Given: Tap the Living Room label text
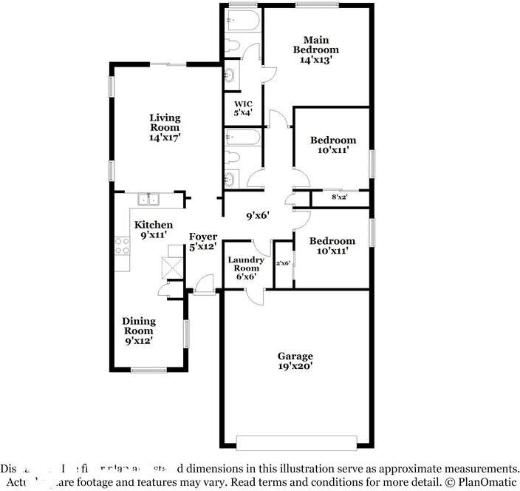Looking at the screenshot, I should click(165, 127).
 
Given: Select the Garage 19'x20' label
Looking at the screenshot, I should click(295, 361).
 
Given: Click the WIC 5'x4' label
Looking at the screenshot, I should click(243, 109).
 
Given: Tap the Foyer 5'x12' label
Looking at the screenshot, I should click(202, 242).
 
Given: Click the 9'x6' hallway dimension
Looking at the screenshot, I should click(257, 216).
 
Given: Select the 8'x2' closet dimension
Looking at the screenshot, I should click(340, 197).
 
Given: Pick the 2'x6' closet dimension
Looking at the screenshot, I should click(283, 263).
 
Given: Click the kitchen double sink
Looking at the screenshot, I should click(149, 198).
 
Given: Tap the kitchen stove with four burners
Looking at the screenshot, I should click(122, 245).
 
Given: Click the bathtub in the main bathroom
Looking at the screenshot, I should click(242, 19).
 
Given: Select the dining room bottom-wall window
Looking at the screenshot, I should click(148, 370).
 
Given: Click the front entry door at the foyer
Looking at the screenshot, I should click(204, 283).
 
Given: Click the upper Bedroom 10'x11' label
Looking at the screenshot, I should click(332, 145).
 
